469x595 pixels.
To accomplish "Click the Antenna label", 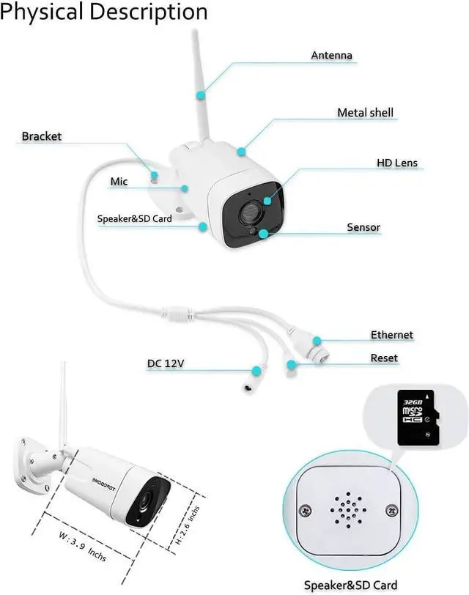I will tap(331, 55).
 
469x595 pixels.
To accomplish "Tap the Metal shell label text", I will tap(365, 113).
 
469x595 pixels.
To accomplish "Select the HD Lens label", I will tap(396, 163).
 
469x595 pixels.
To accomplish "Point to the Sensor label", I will tap(363, 227).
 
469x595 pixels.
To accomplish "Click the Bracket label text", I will tap(42, 136).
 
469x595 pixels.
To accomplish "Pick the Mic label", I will tap(119, 181).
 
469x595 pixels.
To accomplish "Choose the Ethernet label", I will tap(391, 335).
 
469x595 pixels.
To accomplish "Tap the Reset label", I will tap(384, 358).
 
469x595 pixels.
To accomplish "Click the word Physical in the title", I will tap(43, 12).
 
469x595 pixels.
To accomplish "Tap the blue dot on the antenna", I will tap(201, 94).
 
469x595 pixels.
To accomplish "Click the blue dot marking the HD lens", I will tap(267, 199).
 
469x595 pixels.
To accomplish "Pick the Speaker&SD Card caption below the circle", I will tap(351, 584).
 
